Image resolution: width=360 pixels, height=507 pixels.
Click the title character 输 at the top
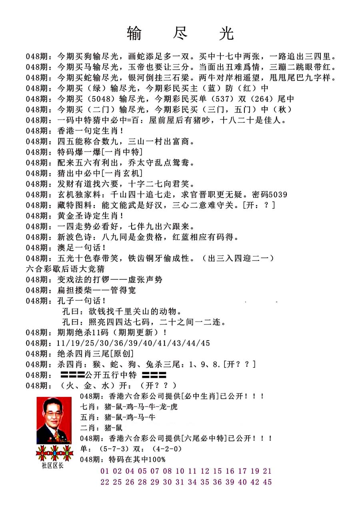coord(134,34)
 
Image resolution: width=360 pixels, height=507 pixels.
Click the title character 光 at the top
coord(226,34)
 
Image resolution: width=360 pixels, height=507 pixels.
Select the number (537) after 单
coord(223,98)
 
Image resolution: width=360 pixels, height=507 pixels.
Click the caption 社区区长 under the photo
coord(52,465)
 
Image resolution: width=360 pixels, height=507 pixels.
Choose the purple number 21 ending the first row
coord(267,471)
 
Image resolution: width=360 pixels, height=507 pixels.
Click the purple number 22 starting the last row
coord(105,482)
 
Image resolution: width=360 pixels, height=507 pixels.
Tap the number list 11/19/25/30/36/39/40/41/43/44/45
coord(134,343)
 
